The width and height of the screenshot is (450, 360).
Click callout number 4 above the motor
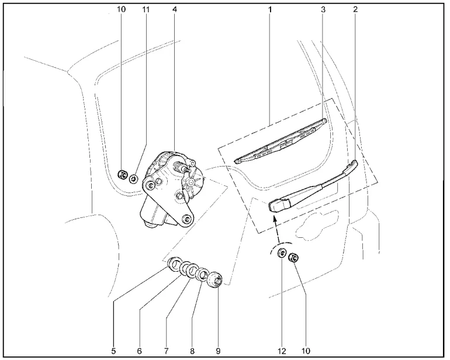click(175, 9)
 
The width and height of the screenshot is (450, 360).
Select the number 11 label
click(146, 9)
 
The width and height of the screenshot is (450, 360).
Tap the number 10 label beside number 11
click(121, 9)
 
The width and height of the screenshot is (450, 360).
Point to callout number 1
click(270, 9)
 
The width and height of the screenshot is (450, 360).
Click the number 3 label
click(323, 9)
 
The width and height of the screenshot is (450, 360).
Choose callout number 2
click(355, 9)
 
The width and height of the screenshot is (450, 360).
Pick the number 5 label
click(113, 351)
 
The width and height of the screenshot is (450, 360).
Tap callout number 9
click(218, 351)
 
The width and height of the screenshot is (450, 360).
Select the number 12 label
click(282, 351)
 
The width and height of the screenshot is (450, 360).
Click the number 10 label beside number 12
click(306, 351)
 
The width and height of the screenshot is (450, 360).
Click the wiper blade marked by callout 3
click(281, 141)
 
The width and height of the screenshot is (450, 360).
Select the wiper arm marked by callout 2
click(313, 188)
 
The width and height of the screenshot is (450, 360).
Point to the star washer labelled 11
click(134, 179)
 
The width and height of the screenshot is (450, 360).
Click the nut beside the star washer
click(123, 174)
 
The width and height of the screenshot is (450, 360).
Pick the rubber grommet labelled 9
click(215, 279)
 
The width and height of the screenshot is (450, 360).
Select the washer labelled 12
click(282, 253)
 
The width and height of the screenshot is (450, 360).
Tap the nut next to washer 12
click(294, 257)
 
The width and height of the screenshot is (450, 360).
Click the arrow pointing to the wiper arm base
click(277, 230)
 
